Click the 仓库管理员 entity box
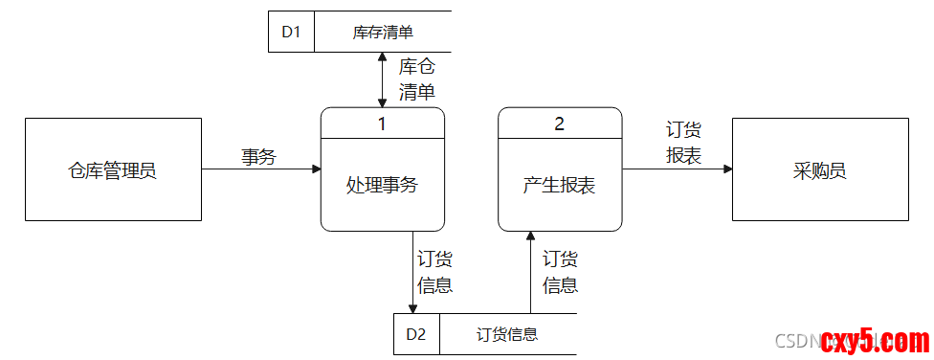pos(112,170)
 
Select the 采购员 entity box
pos(820,170)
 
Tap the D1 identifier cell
pos(291,32)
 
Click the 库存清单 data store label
pos(383,32)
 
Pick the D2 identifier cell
pos(416,334)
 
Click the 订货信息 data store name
pos(507,334)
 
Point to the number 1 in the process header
pos(382,124)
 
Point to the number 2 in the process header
pos(560,124)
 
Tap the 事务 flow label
pos(258,157)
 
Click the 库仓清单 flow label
pos(416,79)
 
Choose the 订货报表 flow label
pos(684,143)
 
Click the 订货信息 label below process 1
pos(434,272)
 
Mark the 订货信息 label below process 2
pos(560,272)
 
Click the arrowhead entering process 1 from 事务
pos(316,169)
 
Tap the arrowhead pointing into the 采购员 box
pos(727,169)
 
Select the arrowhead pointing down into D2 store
pos(412,308)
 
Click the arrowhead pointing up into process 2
pos(530,236)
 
